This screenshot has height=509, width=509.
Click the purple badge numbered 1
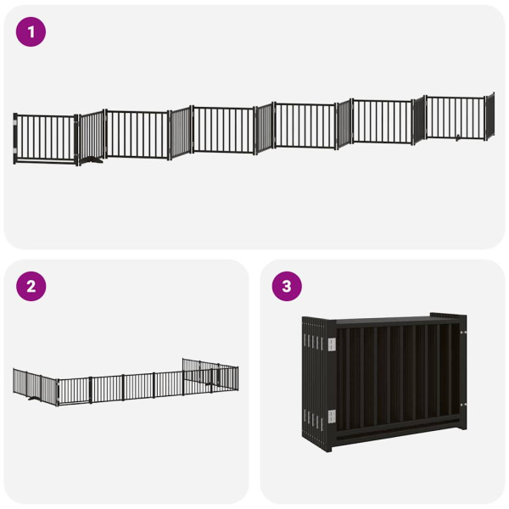click(31, 32)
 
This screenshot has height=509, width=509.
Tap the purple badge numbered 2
click(31, 286)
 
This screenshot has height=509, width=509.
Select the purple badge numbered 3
click(286, 286)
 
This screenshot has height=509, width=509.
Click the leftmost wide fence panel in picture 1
click(47, 137)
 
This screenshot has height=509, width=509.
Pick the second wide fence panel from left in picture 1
click(136, 134)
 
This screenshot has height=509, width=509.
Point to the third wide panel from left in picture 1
click(223, 130)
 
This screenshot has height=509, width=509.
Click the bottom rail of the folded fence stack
click(390, 441)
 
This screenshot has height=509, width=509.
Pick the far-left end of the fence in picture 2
click(15, 381)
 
